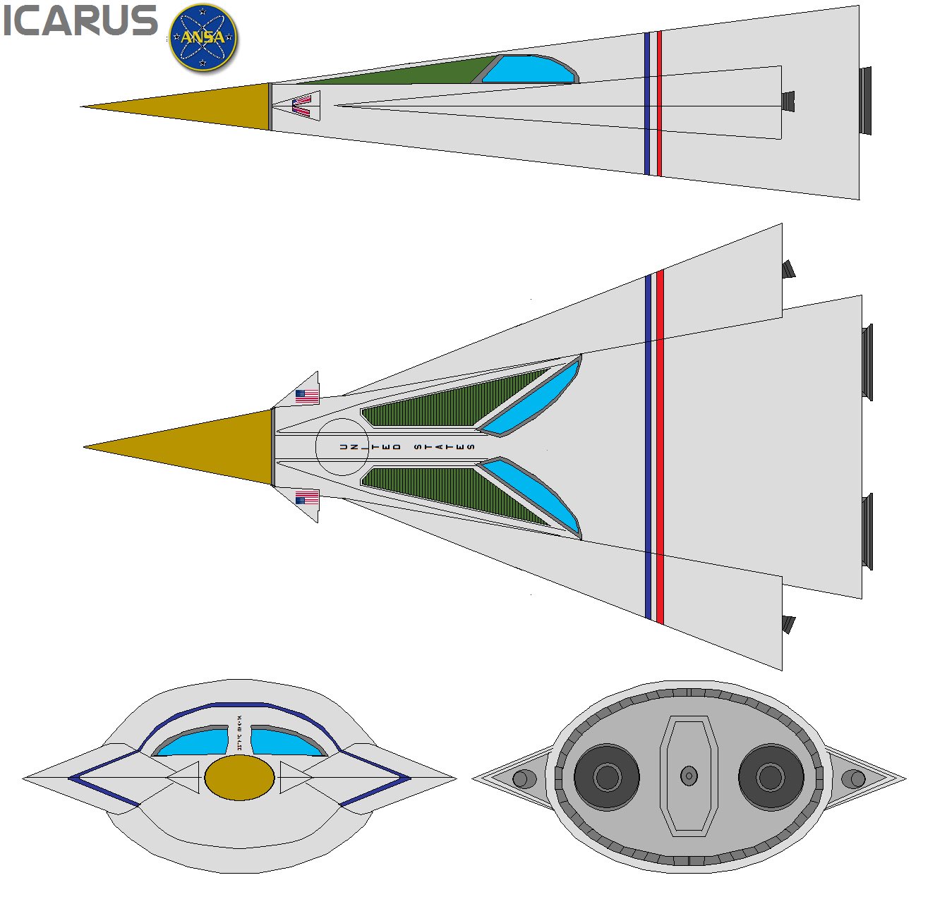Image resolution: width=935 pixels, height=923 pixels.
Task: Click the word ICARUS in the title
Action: pyautogui.click(x=80, y=22)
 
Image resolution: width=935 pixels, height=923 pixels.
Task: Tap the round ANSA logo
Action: pyautogui.click(x=203, y=38)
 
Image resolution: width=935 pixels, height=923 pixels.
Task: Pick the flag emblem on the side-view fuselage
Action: pyautogui.click(x=302, y=105)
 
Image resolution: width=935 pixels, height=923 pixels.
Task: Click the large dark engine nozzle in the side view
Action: pyautogui.click(x=865, y=100)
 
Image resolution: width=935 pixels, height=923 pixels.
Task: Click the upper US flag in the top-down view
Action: pyautogui.click(x=307, y=396)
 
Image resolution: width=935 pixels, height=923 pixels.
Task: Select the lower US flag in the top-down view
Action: pyautogui.click(x=307, y=499)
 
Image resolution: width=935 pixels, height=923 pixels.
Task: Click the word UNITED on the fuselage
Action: pyautogui.click(x=370, y=447)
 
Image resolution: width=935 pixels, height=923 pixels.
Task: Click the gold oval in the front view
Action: pyautogui.click(x=239, y=778)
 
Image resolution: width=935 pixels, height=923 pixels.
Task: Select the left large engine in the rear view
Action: pyautogui.click(x=606, y=777)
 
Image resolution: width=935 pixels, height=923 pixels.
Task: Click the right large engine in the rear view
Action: pyautogui.click(x=771, y=777)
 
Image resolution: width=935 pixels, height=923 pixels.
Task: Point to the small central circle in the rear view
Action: pyautogui.click(x=689, y=776)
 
